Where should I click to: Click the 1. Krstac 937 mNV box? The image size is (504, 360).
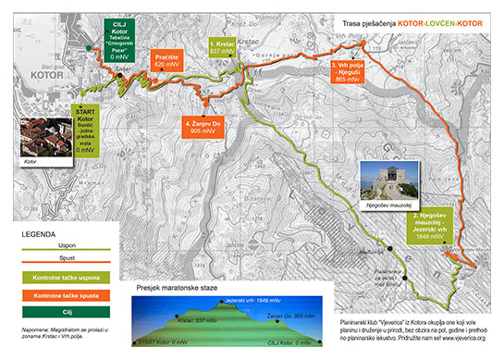pyautogui.click(x=222, y=48)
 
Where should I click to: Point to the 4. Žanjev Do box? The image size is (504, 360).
pyautogui.click(x=206, y=127)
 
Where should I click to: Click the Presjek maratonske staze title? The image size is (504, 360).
pyautogui.click(x=176, y=287)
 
